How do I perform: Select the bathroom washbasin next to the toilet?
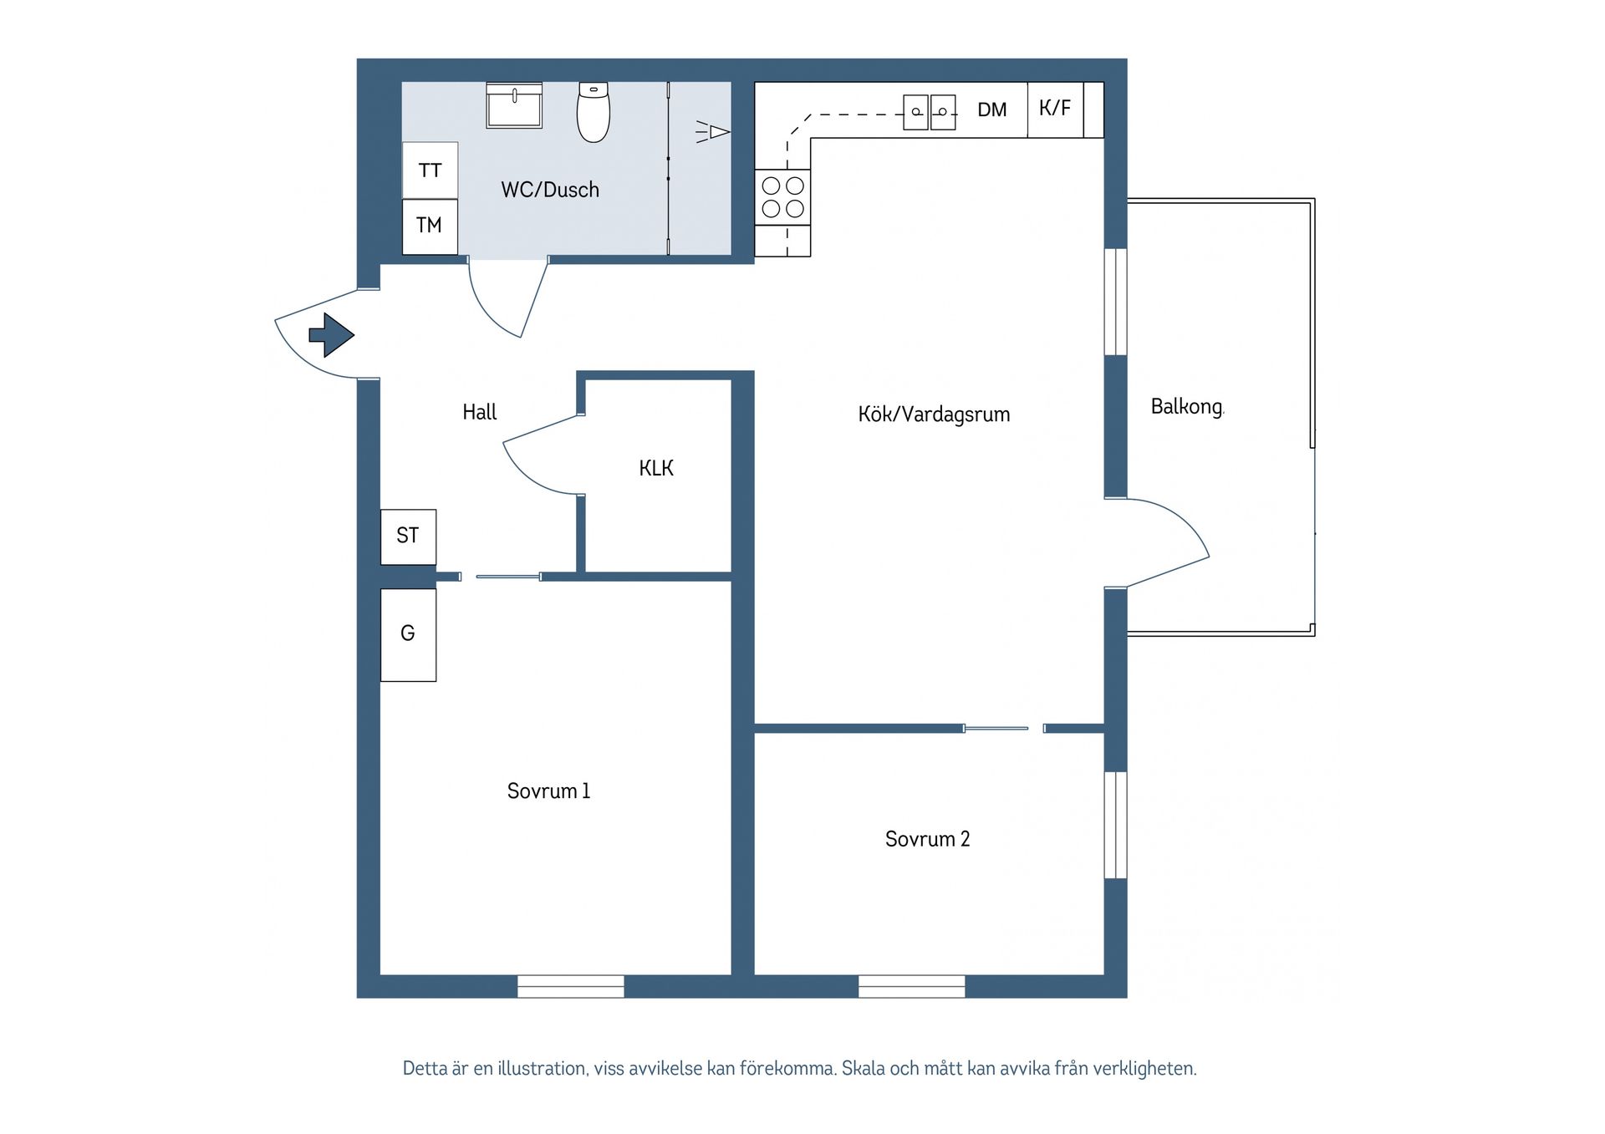coord(514,106)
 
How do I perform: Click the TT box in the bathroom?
coord(430,170)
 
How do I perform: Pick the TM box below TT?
coord(430,226)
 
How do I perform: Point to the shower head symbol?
coord(715,132)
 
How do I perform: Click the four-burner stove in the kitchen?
coord(783,197)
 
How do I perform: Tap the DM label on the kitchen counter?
coord(992,109)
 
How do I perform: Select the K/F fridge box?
coord(1055,109)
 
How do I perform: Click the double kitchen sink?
coord(930,111)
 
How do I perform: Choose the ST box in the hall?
coord(408,536)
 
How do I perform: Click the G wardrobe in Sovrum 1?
coord(408,634)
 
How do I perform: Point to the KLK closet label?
coord(656,469)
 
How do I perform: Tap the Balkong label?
coord(1186,407)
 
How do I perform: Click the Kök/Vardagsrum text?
coord(934,414)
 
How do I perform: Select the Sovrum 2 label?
coord(927,839)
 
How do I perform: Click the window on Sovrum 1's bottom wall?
coord(571,986)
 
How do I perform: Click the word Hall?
coord(480,412)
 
